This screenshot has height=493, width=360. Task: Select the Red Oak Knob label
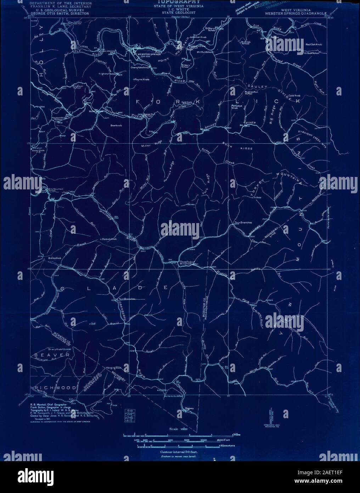pos(314,45)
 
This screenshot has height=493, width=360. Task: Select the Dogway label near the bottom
pos(189,409)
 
